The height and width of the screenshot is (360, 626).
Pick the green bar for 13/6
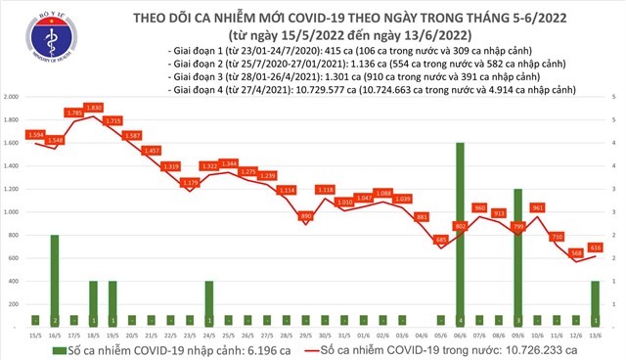pyautogui.click(x=595, y=303)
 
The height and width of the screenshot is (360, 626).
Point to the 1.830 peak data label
pyautogui.click(x=93, y=108)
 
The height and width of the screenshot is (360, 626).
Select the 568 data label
pyautogui.click(x=577, y=252)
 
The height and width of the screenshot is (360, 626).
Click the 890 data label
pyautogui.click(x=305, y=215)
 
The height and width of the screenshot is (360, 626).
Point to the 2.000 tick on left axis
pyautogui.click(x=13, y=98)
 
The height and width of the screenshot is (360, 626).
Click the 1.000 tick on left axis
pyautogui.click(x=13, y=212)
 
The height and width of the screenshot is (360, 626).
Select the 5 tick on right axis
pyautogui.click(x=613, y=98)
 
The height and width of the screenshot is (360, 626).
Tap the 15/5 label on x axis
pyautogui.click(x=35, y=334)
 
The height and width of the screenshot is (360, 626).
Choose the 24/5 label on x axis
pyautogui.click(x=209, y=334)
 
